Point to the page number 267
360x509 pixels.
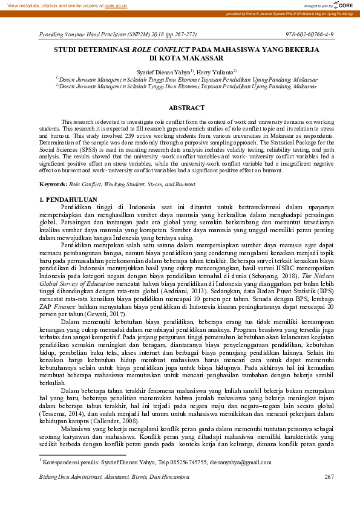[329, 478]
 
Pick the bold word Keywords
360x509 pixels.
[53, 183]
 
